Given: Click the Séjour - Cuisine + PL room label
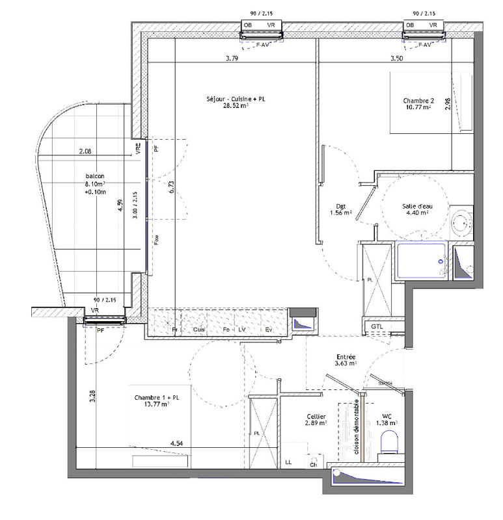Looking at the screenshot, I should [x=236, y=102].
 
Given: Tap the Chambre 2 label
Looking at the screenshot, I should [x=418, y=104].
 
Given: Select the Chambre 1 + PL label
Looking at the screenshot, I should [x=152, y=400].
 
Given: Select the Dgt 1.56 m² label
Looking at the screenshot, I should [x=342, y=209].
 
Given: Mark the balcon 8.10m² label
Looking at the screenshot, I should [x=94, y=184].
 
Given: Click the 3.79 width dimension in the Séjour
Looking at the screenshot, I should [x=232, y=59].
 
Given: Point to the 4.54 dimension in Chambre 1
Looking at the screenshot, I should [x=176, y=443].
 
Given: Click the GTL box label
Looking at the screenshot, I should [x=377, y=326].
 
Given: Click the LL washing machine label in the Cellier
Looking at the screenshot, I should [x=288, y=463].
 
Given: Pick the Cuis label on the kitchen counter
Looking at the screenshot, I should [x=199, y=330].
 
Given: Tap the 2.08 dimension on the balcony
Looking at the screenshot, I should [x=85, y=151].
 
